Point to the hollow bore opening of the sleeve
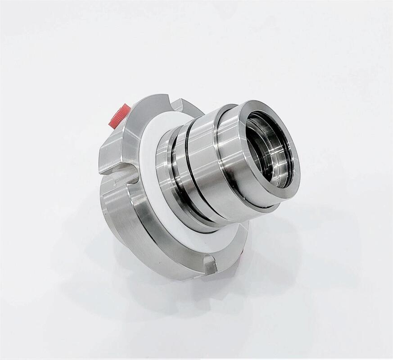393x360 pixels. click(269, 148)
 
